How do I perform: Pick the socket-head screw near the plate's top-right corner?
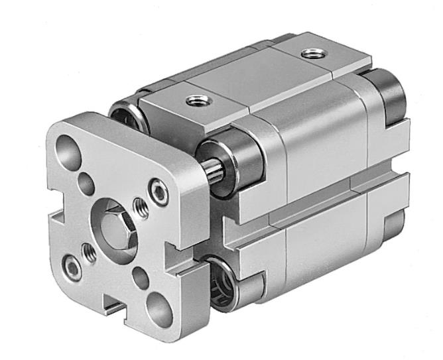[x=158, y=191]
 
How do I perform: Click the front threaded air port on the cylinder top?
[x=194, y=101]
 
